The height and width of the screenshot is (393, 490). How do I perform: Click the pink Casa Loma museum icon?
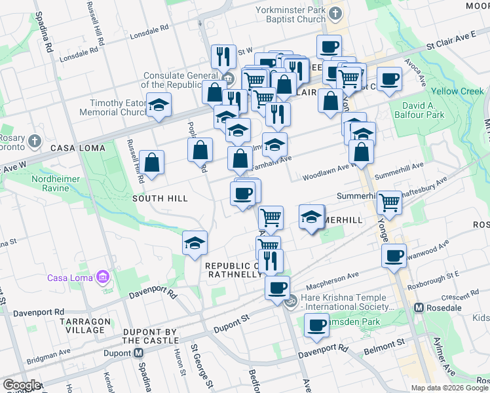pyautogui.click(x=102, y=278)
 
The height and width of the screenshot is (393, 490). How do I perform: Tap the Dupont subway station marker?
pyautogui.click(x=139, y=352)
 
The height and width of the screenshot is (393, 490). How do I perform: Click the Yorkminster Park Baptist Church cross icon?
pyautogui.click(x=335, y=13)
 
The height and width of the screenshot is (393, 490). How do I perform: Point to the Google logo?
pyautogui.click(x=22, y=385)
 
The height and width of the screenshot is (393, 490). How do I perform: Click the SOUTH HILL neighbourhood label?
pyautogui.click(x=160, y=198)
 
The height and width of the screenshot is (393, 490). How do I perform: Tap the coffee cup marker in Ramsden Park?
pyautogui.click(x=317, y=324)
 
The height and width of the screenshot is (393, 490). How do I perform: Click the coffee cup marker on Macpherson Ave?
pyautogui.click(x=277, y=287)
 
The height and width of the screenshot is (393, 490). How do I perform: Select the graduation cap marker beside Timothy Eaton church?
pyautogui.click(x=158, y=105)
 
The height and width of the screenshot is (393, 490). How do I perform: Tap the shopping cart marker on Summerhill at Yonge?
pyautogui.click(x=390, y=201)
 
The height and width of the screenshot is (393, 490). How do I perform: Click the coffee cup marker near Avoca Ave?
pyautogui.click(x=390, y=78)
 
